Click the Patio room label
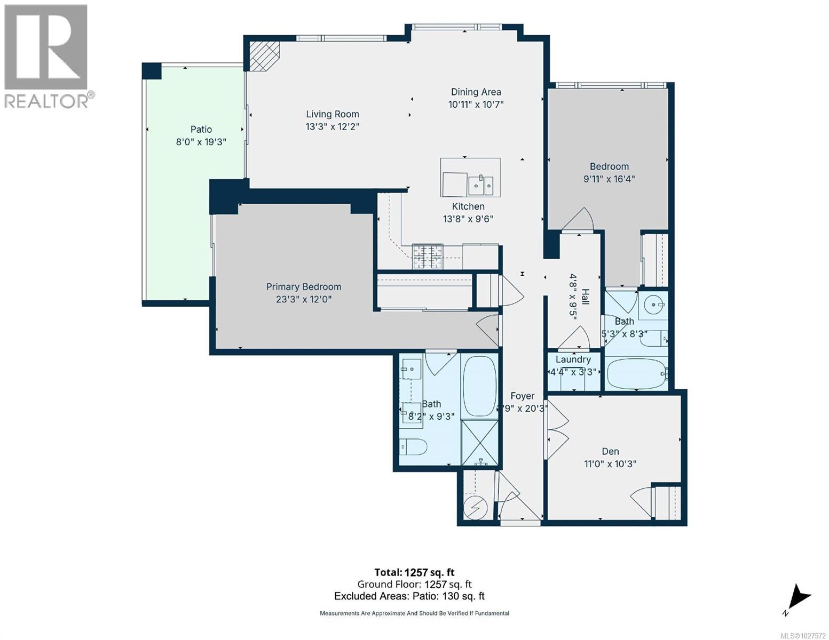click(201, 129)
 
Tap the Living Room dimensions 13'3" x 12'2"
click(332, 127)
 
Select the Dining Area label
click(476, 92)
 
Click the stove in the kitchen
click(427, 256)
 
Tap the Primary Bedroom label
click(303, 287)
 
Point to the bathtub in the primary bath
click(479, 386)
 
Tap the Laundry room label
click(573, 359)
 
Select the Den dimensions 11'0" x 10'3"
click(610, 464)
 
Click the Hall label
click(586, 297)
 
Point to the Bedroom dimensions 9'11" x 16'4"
click(609, 179)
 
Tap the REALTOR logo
click(48, 56)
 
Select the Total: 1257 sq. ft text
click(414, 572)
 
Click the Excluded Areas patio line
click(409, 596)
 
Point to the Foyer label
click(522, 396)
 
